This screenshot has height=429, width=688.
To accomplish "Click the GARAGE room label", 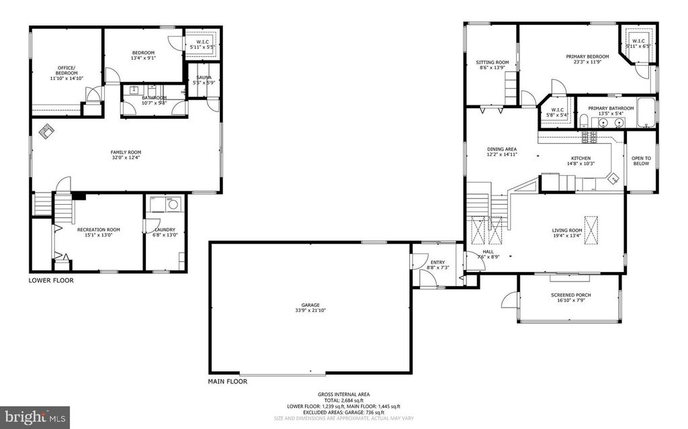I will point(310,305).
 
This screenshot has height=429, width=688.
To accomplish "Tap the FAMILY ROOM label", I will point(126,152).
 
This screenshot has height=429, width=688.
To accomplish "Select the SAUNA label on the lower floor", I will point(202,78).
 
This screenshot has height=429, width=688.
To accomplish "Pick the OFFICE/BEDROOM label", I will point(66,70).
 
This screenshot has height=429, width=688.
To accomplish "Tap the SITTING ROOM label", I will point(492,62).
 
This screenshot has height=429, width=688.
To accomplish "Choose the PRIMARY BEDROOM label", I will point(587,56).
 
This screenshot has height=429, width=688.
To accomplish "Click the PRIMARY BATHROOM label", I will point(611,108).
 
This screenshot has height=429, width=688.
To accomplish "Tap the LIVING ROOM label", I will point(567,230).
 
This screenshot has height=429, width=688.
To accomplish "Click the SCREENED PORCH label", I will point(570,295).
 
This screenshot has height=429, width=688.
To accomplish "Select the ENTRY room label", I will point(437,263).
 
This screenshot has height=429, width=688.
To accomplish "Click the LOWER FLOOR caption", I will point(51,280).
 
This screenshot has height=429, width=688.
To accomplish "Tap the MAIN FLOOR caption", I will point(228,381).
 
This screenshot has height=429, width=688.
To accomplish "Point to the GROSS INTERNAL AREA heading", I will point(343,394).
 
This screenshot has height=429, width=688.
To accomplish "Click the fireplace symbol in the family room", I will point(47,132).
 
